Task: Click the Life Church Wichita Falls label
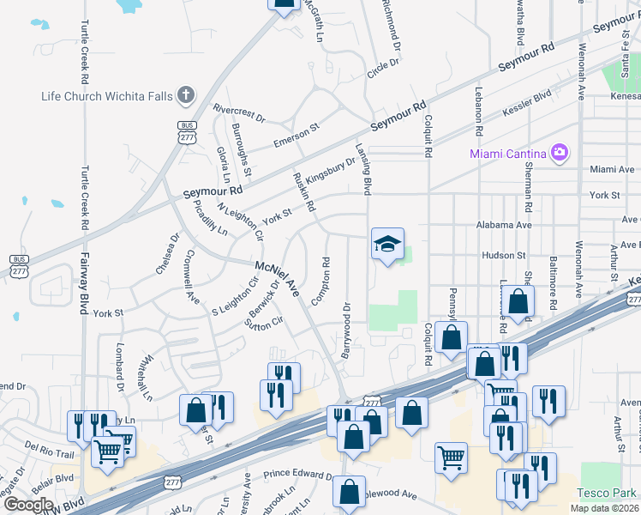(x=107, y=95)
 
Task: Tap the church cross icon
(x=185, y=94)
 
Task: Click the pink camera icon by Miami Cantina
(x=560, y=153)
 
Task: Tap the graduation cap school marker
(x=387, y=245)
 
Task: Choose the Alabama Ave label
(x=505, y=224)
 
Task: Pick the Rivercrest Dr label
(x=239, y=112)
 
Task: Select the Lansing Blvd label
(x=362, y=168)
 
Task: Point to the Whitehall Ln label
(x=145, y=378)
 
